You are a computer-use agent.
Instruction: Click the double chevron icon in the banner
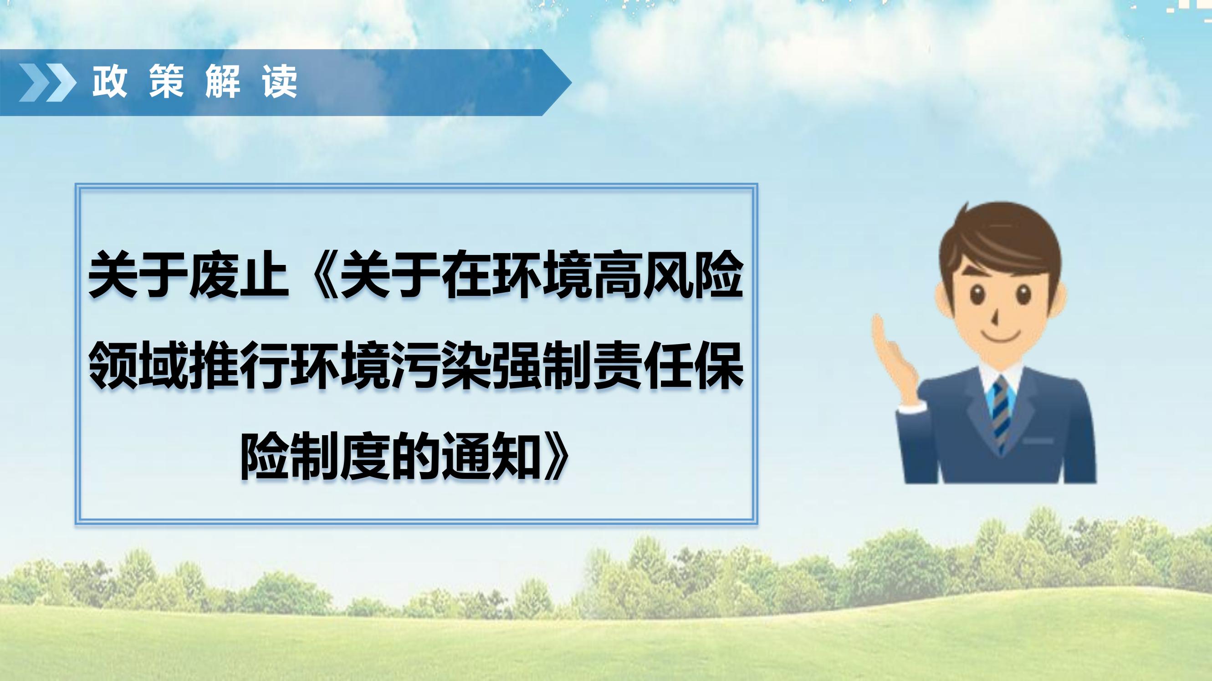[x=47, y=83]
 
